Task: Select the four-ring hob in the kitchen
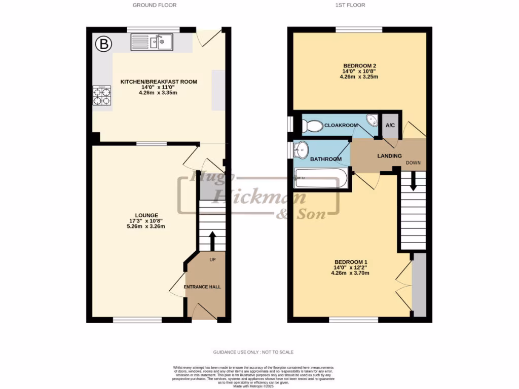coord(101,96)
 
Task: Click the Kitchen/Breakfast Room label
coord(158,82)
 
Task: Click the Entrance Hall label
coord(202,287)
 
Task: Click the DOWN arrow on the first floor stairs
coord(413,181)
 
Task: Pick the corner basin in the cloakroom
coord(372,121)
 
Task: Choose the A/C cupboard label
coord(390,125)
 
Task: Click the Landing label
coord(389,156)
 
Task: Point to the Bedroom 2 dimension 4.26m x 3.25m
coord(360,77)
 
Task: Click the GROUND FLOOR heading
coord(155,5)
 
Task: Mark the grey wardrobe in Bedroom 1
coord(419,285)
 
